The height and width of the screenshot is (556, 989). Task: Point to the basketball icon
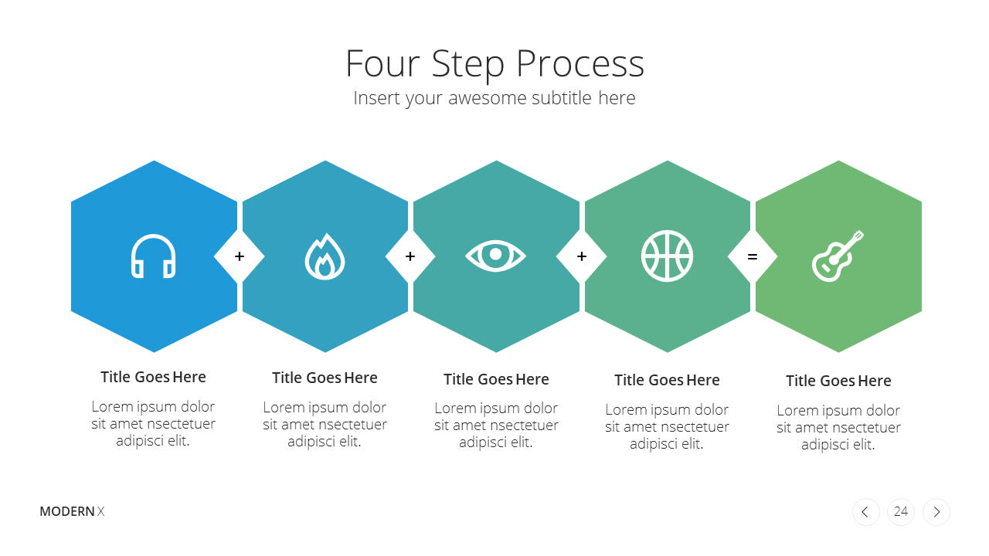[667, 256]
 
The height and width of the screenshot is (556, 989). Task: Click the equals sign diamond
[753, 256]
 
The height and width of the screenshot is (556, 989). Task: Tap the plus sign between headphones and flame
[240, 256]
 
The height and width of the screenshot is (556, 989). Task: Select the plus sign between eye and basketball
[582, 256]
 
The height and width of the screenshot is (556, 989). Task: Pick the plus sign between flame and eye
[410, 256]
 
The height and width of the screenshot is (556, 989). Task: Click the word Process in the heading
[580, 64]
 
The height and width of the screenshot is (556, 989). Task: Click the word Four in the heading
[382, 64]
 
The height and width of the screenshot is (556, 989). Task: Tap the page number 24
[901, 512]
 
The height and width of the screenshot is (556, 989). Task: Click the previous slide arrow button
[866, 512]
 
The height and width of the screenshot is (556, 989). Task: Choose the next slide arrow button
[936, 512]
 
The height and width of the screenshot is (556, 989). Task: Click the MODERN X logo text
[72, 511]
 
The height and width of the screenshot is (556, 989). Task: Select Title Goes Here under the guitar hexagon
[838, 381]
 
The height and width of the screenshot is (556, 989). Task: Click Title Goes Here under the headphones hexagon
[153, 378]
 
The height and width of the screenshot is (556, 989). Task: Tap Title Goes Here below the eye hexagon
[496, 379]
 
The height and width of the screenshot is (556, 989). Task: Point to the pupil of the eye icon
[496, 254]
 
